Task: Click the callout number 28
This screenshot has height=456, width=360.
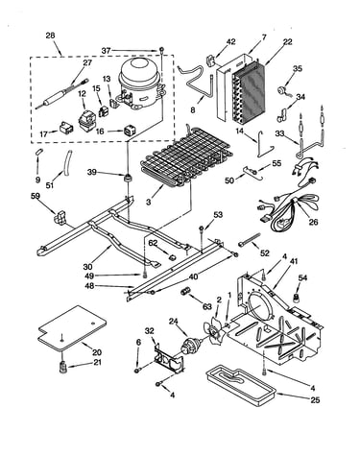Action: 50,36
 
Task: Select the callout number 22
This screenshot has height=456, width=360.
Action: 287,41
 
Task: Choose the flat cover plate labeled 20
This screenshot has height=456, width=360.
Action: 73,327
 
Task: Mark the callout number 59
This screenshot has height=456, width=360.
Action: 36,196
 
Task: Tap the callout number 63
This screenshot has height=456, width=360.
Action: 207,307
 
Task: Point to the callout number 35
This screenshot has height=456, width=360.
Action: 298,68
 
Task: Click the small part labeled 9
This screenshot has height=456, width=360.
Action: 38,152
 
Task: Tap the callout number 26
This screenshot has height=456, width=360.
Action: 313,222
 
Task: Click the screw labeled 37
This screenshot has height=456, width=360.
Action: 161,50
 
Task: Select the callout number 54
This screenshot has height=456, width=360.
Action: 302,277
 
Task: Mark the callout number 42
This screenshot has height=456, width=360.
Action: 231,41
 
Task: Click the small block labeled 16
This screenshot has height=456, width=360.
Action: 128,131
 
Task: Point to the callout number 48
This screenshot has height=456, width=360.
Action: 89,286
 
